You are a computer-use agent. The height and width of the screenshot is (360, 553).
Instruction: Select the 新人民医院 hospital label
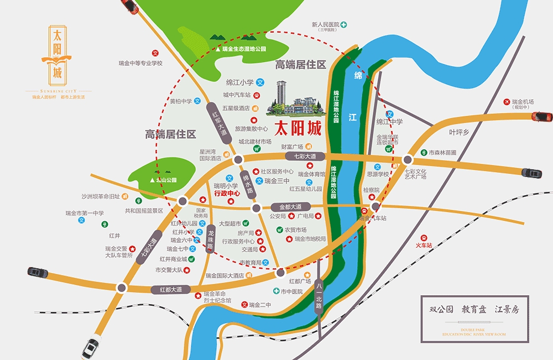point(325,25)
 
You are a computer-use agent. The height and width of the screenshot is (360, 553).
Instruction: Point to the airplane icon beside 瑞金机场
point(507,102)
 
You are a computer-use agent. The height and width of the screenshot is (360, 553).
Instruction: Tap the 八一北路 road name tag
point(319,299)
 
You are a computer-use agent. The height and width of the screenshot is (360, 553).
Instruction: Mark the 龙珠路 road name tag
point(210,241)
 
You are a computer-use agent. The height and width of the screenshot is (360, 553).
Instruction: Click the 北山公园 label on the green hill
point(165,180)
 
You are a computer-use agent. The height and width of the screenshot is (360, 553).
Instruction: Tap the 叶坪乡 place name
point(459,132)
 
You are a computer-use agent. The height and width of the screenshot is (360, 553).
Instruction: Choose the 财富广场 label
point(292,147)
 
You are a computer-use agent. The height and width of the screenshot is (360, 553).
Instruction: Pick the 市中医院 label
point(291,291)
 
